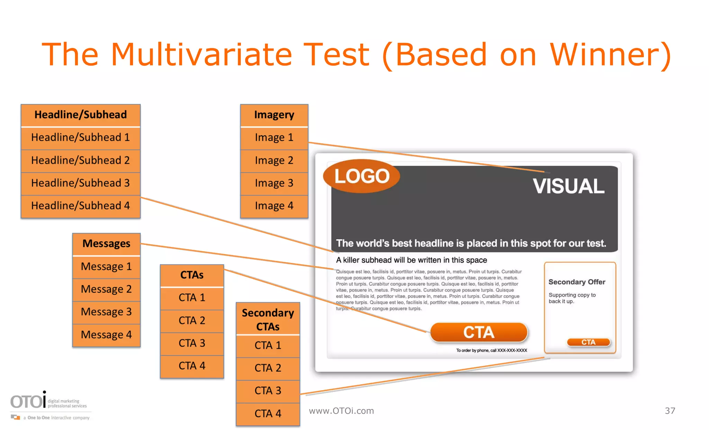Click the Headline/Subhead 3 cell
[80, 183]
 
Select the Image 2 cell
[274, 161]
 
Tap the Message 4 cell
[106, 335]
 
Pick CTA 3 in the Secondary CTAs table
[268, 391]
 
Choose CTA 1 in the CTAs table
[192, 298]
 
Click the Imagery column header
[274, 115]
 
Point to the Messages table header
[106, 244]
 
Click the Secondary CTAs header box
[268, 320]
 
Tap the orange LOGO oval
[361, 176]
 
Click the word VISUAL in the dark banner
[568, 186]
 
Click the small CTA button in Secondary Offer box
[588, 342]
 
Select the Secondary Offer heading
[577, 282]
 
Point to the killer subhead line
[411, 260]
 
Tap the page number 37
[670, 411]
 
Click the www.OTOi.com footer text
[341, 411]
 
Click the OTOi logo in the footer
[28, 402]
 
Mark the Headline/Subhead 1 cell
[80, 138]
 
